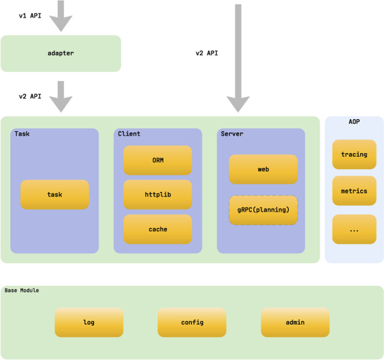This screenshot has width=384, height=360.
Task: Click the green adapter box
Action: pyautogui.click(x=60, y=53)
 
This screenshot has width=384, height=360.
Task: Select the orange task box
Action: pyautogui.click(x=54, y=194)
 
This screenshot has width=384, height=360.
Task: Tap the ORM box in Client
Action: pyautogui.click(x=157, y=160)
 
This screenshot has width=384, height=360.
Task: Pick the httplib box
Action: pyautogui.click(x=157, y=194)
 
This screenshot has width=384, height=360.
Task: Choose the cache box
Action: pyautogui.click(x=157, y=229)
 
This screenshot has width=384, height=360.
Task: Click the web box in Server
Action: pyautogui.click(x=263, y=169)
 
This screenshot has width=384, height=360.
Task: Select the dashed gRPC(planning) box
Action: pyautogui.click(x=263, y=210)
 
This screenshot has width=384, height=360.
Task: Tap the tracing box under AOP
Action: pyautogui.click(x=354, y=154)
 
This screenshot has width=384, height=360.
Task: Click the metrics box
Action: pyautogui.click(x=354, y=191)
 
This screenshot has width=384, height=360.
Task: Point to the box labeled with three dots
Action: pyautogui.click(x=354, y=229)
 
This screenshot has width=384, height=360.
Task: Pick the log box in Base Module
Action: pyautogui.click(x=89, y=322)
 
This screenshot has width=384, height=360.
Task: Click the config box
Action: pyautogui.click(x=192, y=322)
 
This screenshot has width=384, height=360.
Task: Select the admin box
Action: pyautogui.click(x=295, y=322)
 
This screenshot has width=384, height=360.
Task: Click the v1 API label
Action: pyautogui.click(x=30, y=16)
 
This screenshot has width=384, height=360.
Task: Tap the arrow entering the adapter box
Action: pyautogui.click(x=60, y=17)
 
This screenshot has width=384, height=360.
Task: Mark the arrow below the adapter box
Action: pyautogui.click(x=60, y=96)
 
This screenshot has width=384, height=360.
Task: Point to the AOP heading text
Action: pyautogui.click(x=354, y=121)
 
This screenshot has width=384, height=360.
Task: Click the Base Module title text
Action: pyautogui.click(x=21, y=290)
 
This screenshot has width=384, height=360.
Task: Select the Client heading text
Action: pyautogui.click(x=129, y=134)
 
